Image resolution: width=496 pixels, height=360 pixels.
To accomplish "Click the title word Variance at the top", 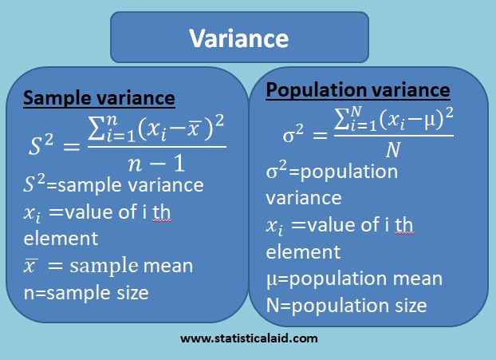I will (239, 38).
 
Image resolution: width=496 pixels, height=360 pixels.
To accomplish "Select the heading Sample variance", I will (99, 99).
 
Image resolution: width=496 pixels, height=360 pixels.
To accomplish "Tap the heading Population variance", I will (358, 90).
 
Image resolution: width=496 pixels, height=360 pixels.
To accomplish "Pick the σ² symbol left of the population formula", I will (293, 133).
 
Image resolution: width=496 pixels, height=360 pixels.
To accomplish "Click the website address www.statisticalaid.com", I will (249, 338).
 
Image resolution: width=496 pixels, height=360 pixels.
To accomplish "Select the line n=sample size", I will (86, 292).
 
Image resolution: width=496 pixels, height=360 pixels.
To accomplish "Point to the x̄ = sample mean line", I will (108, 266).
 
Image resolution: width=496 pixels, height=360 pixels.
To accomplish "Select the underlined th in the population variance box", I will (403, 226).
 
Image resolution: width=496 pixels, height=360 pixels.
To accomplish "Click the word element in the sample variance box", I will (61, 239).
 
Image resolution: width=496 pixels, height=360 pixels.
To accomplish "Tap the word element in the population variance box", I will (303, 252).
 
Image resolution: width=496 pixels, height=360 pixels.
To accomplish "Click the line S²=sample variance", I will (113, 186).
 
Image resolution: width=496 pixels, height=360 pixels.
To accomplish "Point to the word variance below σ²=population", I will (303, 198).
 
